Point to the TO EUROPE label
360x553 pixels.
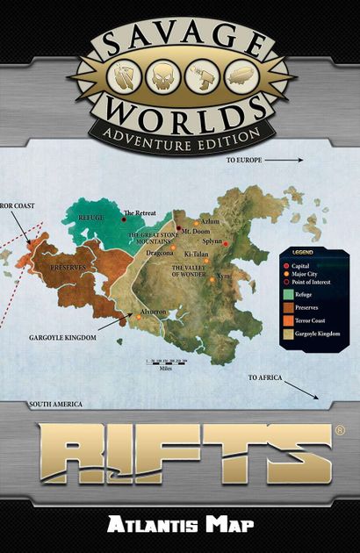(245, 162)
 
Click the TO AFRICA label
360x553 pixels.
(264, 377)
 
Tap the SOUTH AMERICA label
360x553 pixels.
(56, 405)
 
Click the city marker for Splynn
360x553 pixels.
(227, 243)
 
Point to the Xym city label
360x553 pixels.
(223, 275)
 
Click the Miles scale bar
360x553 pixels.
(167, 362)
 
